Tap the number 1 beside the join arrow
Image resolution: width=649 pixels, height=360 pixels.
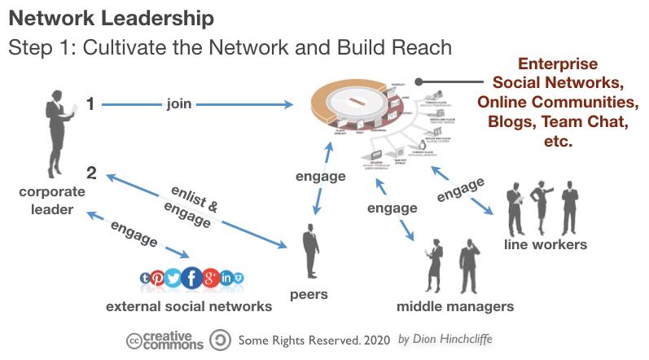pos(91,103)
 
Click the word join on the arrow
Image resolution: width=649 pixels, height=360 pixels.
pos(178,103)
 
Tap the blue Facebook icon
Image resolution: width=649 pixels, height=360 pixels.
pos(192,279)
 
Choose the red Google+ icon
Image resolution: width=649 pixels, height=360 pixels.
pos(211,279)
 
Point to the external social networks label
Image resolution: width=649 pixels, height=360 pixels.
pos(188,306)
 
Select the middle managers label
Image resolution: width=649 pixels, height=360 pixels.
pos(454,306)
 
